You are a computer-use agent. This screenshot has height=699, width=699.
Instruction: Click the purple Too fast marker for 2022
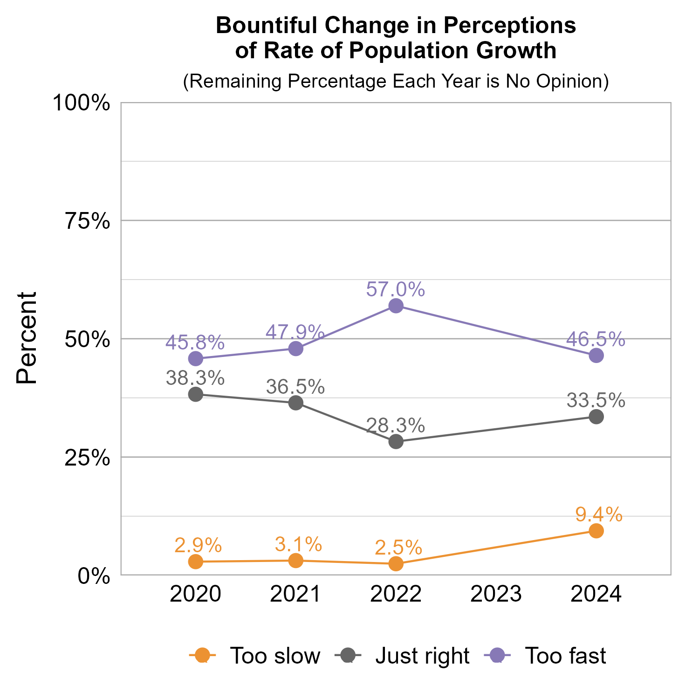pyautogui.click(x=396, y=306)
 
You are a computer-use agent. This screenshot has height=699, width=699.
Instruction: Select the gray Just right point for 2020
pyautogui.click(x=196, y=394)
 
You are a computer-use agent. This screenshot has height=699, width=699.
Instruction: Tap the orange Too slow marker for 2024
pyautogui.click(x=596, y=531)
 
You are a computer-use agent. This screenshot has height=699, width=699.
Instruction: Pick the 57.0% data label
pyautogui.click(x=396, y=289)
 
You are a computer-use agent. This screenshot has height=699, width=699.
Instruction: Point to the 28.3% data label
pyautogui.click(x=396, y=425)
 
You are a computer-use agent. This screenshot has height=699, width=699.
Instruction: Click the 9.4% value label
pyautogui.click(x=599, y=514)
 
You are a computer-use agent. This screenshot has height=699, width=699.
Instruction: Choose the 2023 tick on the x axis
pyautogui.click(x=496, y=595)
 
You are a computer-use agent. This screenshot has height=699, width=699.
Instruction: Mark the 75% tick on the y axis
pyautogui.click(x=87, y=221)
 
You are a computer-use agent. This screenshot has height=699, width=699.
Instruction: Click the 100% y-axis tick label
pyautogui.click(x=82, y=103)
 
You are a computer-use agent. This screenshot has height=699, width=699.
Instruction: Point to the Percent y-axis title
pyautogui.click(x=27, y=338)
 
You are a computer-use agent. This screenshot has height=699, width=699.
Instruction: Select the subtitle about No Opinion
pyautogui.click(x=396, y=81)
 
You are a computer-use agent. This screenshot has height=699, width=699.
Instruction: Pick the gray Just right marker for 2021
pyautogui.click(x=296, y=403)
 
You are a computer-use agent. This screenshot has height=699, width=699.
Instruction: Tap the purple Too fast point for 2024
pyautogui.click(x=596, y=356)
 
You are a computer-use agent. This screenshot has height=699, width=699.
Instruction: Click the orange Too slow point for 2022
pyautogui.click(x=396, y=564)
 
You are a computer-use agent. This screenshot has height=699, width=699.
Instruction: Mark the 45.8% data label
pyautogui.click(x=195, y=343)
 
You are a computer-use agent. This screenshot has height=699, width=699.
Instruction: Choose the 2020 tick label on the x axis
pyautogui.click(x=196, y=595)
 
